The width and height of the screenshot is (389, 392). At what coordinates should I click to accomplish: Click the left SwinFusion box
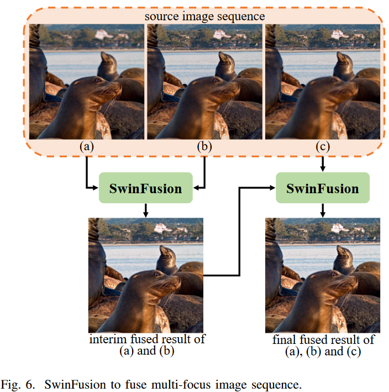point(145,188)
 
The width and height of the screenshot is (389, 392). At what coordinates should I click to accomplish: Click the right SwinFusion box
point(322,188)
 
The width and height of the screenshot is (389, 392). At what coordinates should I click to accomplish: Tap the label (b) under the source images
point(205,147)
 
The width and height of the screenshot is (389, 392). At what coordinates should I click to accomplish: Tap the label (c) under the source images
point(323,147)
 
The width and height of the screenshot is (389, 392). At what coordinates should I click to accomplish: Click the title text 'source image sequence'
point(204,16)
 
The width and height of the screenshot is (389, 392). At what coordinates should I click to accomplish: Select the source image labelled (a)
point(87,82)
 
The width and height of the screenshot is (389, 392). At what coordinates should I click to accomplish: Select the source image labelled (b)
point(205,82)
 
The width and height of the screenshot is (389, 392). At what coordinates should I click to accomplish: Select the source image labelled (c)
point(323,82)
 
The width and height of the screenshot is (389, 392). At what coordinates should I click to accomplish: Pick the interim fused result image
point(146,275)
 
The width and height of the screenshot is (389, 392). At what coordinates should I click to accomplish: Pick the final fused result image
point(323,275)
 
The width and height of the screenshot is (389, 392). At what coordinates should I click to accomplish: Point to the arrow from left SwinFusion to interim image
point(145,210)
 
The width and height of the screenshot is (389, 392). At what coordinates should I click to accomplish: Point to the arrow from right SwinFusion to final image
point(323,210)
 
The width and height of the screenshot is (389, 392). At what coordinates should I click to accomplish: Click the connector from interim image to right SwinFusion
point(239,233)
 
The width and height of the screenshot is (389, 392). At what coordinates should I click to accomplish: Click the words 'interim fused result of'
point(146,339)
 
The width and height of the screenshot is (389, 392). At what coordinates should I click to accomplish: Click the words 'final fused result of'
point(323,339)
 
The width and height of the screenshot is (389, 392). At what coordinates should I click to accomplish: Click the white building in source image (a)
point(103,34)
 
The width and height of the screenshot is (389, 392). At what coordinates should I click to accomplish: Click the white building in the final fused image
point(339,227)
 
